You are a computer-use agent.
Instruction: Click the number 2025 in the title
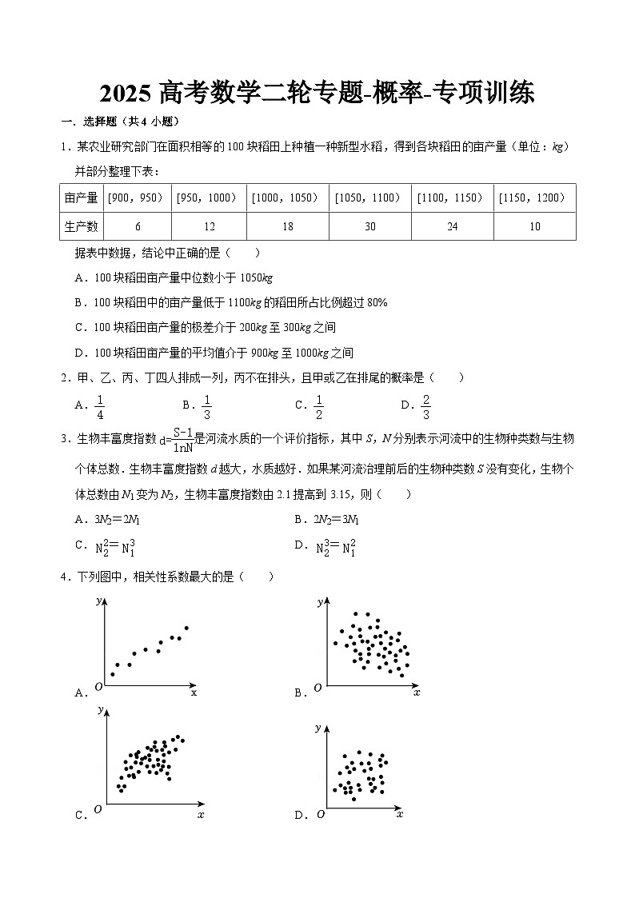coord(126,94)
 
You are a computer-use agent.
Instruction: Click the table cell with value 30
coord(370,226)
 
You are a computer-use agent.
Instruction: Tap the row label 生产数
coord(81,226)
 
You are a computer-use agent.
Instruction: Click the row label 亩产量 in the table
coord(81,198)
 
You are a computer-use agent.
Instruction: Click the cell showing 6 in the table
coord(138,226)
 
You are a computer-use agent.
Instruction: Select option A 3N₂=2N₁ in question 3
coord(113,519)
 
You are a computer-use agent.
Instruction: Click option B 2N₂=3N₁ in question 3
coord(332,519)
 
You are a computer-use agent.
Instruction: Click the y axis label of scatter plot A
coord(98,600)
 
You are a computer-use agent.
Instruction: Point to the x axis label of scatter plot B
coord(417,692)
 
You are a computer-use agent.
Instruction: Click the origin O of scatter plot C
coord(98,809)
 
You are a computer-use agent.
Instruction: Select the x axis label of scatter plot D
coord(399,814)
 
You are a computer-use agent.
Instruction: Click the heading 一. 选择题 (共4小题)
coord(119,122)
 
